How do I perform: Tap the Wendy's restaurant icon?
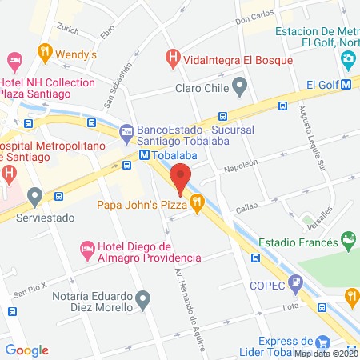tap(45, 54)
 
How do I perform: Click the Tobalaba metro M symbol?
tap(144, 155)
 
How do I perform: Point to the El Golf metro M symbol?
tap(346, 83)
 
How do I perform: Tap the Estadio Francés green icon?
tap(348, 239)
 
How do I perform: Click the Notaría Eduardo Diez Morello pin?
tap(143, 301)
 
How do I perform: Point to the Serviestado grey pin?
tap(34, 196)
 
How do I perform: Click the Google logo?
tap(27, 350)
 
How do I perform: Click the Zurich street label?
tap(70, 30)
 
